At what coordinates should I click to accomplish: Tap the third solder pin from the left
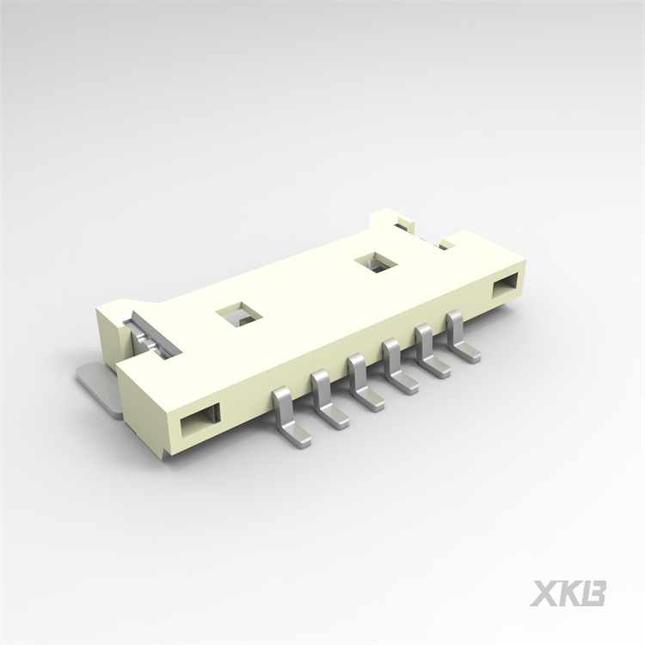[x=362, y=384]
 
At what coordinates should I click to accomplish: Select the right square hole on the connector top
[x=376, y=262]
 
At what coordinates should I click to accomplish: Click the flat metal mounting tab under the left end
[x=97, y=383]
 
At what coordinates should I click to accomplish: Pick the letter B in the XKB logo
[x=593, y=593]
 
